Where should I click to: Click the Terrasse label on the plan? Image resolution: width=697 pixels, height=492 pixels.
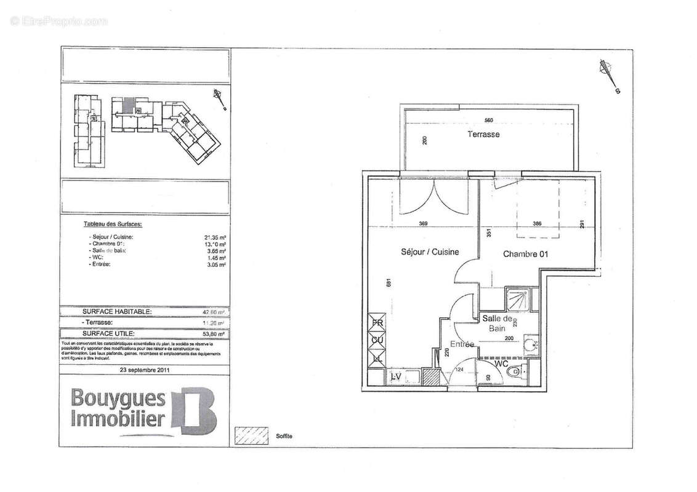tap(483, 134)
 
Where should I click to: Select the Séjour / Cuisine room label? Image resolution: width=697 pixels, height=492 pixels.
tap(430, 252)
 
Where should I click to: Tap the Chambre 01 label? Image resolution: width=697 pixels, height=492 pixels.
tap(525, 253)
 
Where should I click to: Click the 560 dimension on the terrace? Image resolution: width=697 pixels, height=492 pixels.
tap(490, 121)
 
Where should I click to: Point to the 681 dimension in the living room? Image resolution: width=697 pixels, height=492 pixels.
tap(389, 283)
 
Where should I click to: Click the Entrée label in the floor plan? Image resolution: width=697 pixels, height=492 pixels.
tap(461, 344)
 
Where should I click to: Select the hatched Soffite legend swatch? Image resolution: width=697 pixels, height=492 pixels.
tap(252, 435)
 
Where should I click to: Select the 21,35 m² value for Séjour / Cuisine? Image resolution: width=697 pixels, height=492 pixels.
tap(214, 237)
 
